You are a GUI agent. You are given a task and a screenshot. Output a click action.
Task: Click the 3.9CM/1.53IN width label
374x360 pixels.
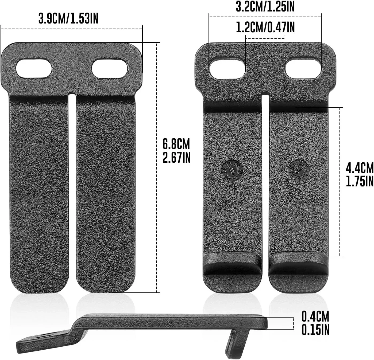68,19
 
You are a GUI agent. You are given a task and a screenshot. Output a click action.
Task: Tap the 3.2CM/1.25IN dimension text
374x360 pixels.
265,7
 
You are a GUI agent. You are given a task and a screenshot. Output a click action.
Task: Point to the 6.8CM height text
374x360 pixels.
176,144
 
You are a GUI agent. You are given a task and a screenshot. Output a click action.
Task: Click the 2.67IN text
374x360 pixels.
176,157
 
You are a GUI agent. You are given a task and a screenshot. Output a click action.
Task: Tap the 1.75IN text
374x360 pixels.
360,182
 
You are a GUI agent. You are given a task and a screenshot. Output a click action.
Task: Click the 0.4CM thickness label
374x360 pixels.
315,316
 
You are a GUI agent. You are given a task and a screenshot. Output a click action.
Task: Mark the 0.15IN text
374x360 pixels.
315,330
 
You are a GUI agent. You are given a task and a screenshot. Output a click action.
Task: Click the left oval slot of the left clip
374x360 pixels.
34,69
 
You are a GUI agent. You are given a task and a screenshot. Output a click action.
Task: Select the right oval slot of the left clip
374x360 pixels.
109,69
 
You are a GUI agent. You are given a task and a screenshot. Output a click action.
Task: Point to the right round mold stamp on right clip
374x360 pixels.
298,170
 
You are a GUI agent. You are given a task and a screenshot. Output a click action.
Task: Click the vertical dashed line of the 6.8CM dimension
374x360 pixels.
156,168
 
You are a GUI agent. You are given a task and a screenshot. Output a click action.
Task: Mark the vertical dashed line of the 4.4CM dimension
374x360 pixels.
340,182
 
